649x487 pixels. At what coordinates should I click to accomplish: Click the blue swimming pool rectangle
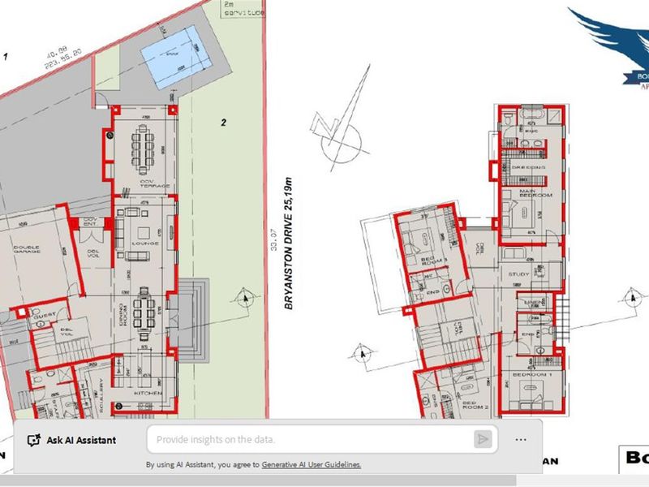pos(174,52)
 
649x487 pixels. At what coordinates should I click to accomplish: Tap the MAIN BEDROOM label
pos(535,194)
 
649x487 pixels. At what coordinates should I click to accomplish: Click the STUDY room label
pos(518,274)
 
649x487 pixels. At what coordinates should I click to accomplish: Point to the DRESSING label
pos(528,166)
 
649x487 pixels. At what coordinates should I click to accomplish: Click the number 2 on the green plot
pos(222,123)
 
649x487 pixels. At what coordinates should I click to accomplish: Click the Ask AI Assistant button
pos(71,440)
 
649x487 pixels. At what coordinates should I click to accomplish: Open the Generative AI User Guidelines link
pos(311,465)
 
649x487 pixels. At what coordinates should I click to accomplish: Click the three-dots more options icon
pos(520,439)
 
